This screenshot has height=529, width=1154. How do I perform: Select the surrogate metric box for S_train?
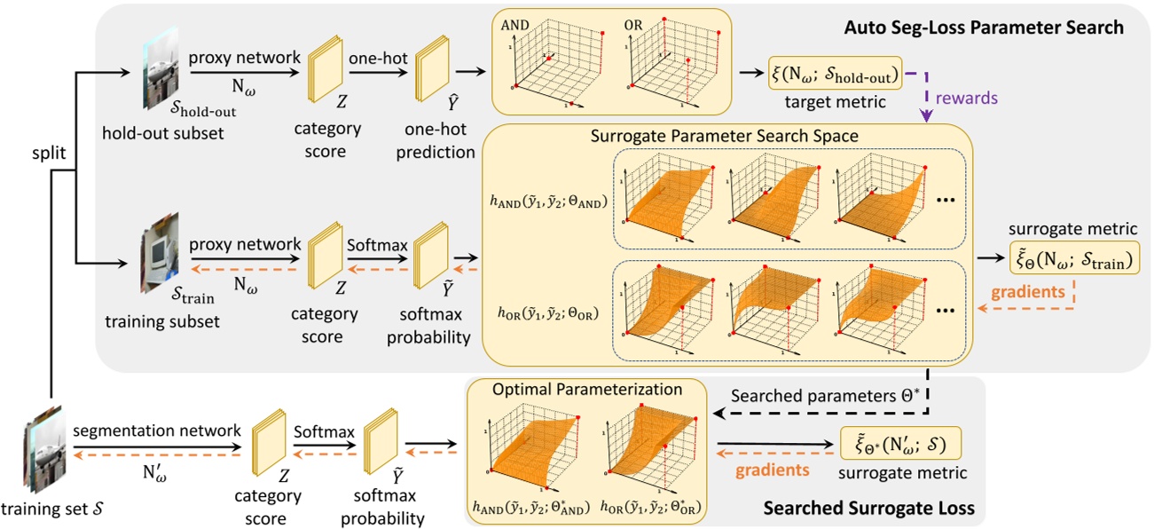(x=1074, y=259)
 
